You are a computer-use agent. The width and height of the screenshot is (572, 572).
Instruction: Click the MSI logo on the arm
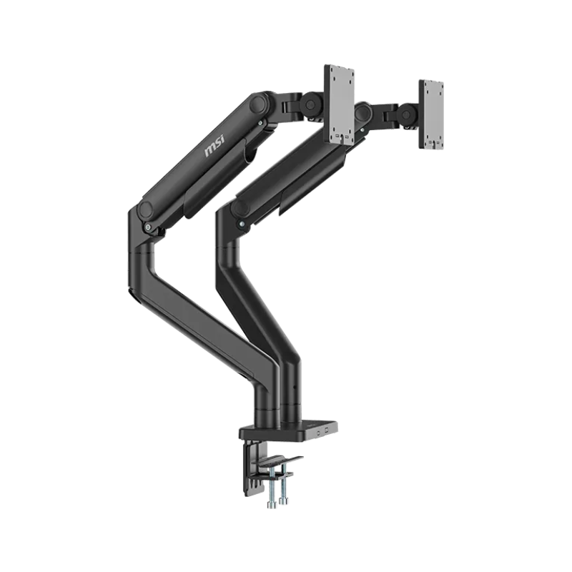[x=215, y=147]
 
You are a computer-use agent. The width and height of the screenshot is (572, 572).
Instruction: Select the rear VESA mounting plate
[x=431, y=114]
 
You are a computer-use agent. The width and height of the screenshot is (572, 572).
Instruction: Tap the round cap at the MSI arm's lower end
[x=147, y=210]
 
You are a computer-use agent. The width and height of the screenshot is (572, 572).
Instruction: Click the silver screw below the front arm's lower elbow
[x=147, y=227]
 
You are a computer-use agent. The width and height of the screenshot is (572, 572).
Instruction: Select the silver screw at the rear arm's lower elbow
[x=242, y=225]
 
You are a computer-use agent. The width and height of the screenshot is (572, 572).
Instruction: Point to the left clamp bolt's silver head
[x=270, y=505]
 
